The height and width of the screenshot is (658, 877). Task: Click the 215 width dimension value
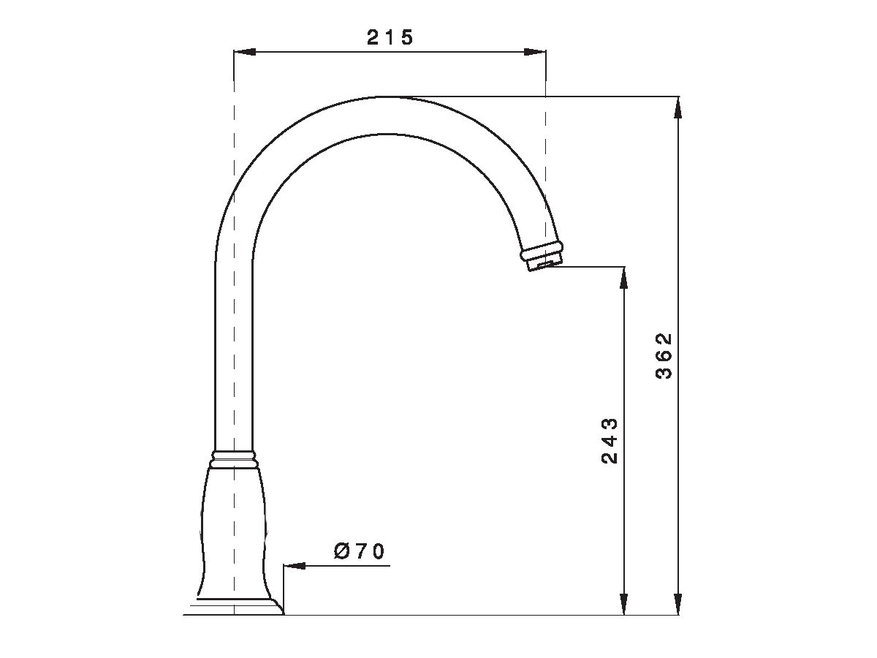pyautogui.click(x=390, y=38)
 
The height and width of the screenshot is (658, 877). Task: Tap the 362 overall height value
pyautogui.click(x=664, y=356)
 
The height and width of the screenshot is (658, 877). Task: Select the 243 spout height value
pyautogui.click(x=610, y=441)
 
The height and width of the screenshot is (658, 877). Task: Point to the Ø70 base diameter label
pyautogui.click(x=360, y=552)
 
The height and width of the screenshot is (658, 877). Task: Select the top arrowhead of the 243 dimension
pyautogui.click(x=623, y=277)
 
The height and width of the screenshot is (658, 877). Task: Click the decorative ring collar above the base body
pyautogui.click(x=235, y=458)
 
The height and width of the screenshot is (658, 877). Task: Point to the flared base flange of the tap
pyautogui.click(x=238, y=606)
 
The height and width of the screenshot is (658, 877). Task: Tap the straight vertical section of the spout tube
pyautogui.click(x=235, y=351)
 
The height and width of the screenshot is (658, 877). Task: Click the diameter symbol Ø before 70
pyautogui.click(x=342, y=552)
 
